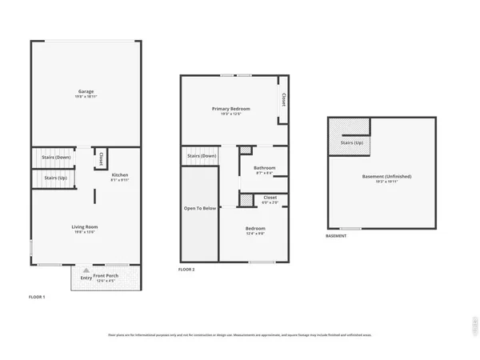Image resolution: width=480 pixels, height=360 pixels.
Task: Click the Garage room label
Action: click(x=86, y=92)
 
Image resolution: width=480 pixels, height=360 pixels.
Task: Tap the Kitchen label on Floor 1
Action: click(x=119, y=175)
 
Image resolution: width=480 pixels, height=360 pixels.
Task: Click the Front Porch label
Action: click(x=110, y=277)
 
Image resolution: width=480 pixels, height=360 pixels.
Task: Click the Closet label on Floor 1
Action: click(x=101, y=159)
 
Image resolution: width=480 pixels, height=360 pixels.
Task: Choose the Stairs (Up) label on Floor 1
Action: click(x=55, y=178)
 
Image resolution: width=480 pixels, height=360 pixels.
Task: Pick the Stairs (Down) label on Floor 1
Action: click(x=55, y=157)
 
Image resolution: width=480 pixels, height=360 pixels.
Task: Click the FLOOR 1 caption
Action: click(x=38, y=297)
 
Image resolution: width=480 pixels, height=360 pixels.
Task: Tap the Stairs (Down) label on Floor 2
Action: click(x=202, y=155)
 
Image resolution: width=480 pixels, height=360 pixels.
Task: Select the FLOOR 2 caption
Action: click(x=186, y=270)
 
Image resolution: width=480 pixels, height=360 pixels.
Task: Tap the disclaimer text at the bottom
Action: click(x=240, y=334)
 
